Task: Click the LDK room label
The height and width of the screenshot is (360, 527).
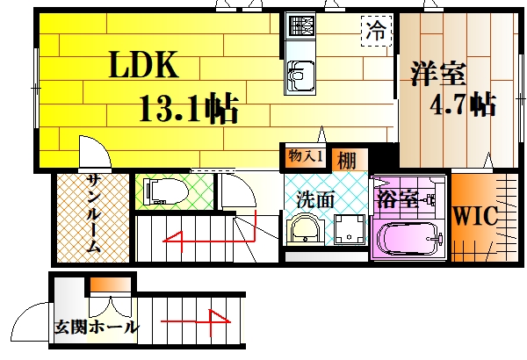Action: (x=143, y=65)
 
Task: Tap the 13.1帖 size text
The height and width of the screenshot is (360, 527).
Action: (x=189, y=108)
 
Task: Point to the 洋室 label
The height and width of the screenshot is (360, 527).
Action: (x=438, y=74)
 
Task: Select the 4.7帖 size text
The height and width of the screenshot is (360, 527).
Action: (x=463, y=104)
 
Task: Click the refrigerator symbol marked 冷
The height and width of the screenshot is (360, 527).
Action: (x=377, y=31)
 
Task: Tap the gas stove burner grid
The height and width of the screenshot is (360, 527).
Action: (x=300, y=25)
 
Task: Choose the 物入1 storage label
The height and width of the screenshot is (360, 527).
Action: (x=306, y=156)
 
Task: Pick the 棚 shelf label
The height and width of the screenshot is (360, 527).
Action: (x=347, y=161)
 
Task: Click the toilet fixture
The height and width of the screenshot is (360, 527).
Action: (x=166, y=191)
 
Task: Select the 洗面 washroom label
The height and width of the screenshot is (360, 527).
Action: (x=315, y=199)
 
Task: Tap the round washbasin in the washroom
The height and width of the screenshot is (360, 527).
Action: (x=306, y=229)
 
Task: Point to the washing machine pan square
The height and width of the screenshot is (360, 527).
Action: (x=350, y=228)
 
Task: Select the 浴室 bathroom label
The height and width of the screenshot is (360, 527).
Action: (x=398, y=199)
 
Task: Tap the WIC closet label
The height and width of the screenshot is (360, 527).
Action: (x=475, y=215)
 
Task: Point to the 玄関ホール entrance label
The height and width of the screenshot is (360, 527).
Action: (x=97, y=327)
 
